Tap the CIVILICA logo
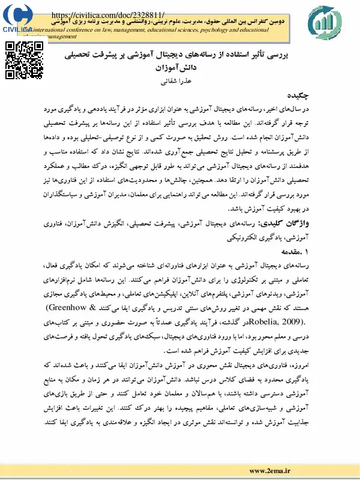(18, 18)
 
